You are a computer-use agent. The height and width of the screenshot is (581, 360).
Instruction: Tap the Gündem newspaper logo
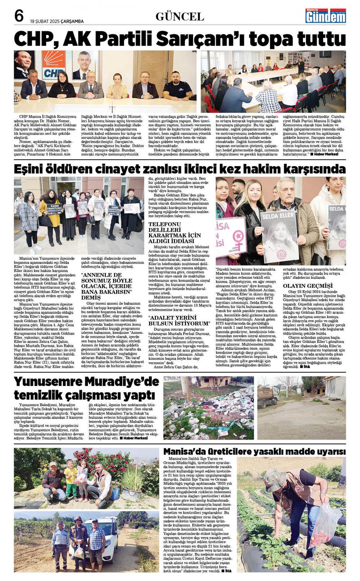tap(325, 16)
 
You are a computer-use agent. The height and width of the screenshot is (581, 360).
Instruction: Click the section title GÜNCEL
tap(180, 17)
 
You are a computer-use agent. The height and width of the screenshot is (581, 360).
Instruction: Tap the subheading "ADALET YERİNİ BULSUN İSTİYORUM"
tap(179, 321)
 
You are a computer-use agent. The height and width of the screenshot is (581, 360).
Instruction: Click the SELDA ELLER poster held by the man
tap(280, 236)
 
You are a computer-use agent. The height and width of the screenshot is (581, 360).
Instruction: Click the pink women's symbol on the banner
tap(237, 237)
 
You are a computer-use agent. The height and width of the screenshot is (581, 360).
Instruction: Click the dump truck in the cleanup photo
tap(268, 396)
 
